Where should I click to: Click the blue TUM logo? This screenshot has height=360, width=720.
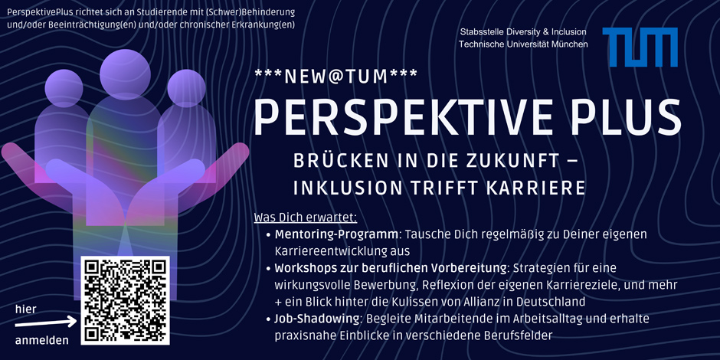coord(640,47)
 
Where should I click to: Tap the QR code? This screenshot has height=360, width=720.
coord(126,301)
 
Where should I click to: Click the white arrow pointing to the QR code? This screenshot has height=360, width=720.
coord(46,322)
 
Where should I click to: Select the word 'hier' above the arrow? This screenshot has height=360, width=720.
coord(26,309)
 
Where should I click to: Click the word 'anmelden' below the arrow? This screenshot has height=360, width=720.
coord(42,341)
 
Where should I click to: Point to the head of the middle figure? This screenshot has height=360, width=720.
coord(125,74)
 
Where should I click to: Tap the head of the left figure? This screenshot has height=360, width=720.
coord(64,88)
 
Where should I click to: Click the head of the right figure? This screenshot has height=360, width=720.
coord(186,88)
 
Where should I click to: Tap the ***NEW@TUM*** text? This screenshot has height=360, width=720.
coord(335,77)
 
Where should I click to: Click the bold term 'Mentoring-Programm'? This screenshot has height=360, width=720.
coord(336,235)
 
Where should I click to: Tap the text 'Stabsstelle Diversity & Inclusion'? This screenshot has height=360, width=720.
coord(523,32)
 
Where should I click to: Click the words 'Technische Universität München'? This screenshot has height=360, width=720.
coord(523,44)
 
